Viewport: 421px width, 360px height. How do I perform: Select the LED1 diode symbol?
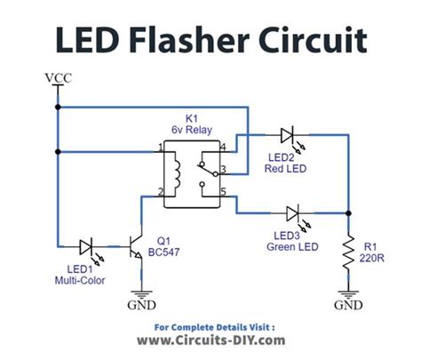click(88, 244)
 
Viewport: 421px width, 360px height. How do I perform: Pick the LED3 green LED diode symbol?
click(293, 213)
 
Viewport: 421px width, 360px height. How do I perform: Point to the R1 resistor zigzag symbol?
click(348, 253)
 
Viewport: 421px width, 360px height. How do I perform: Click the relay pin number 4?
click(223, 146)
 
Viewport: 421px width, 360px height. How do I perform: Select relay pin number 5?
click(223, 191)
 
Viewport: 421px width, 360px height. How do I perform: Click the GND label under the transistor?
click(140, 305)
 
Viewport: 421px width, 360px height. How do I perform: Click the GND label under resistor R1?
click(348, 305)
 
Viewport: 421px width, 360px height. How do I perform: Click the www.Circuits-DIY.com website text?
click(210, 340)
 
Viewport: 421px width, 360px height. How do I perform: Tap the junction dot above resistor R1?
click(348, 213)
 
